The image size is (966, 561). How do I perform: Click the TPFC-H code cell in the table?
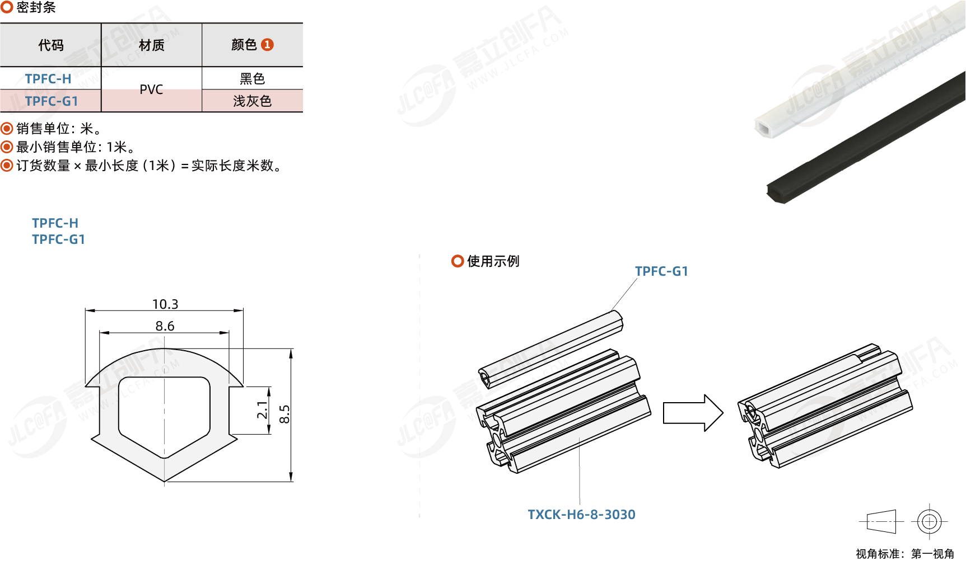[x=48, y=79]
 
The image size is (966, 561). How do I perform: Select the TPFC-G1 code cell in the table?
[x=52, y=101]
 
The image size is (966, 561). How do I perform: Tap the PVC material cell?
[x=151, y=89]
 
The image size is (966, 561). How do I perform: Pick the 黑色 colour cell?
[x=252, y=79]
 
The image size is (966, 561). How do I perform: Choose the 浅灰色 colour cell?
[x=252, y=101]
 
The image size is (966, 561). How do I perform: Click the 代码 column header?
[x=50, y=45]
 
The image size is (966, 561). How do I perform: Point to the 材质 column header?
[x=151, y=45]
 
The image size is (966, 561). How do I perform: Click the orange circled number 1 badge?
[x=268, y=45]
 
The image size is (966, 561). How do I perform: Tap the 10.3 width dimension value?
[x=165, y=304]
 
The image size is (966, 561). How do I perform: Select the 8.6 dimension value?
[x=165, y=326]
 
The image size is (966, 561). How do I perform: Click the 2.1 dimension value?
[x=262, y=409]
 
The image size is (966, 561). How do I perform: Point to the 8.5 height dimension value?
[x=284, y=414]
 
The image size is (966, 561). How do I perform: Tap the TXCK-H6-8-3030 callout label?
[x=581, y=515]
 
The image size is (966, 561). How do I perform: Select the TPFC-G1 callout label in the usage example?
[x=661, y=271]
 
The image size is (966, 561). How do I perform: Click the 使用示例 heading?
[x=493, y=261]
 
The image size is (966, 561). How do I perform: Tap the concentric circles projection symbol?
[x=929, y=522]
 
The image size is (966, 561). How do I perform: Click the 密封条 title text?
[x=36, y=7]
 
